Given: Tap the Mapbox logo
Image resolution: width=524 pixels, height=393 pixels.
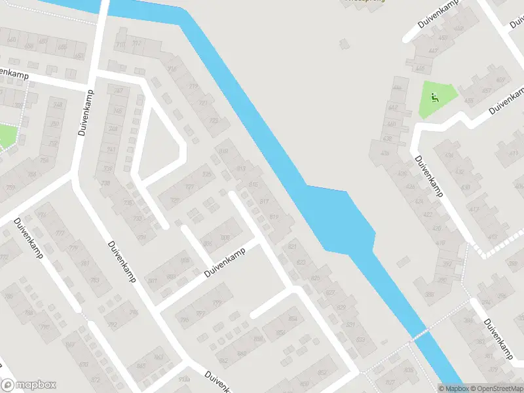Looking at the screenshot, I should pyautogui.click(x=29, y=385).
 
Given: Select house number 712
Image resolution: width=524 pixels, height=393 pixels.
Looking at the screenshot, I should pyautogui.click(x=136, y=43).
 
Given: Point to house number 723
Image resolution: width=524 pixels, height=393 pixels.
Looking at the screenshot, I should pyautogui.click(x=214, y=121).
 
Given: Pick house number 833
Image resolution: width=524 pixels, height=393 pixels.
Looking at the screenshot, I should pyautogui.click(x=360, y=339).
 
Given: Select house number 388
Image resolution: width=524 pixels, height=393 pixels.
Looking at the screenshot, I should pyautogui.click(x=430, y=295).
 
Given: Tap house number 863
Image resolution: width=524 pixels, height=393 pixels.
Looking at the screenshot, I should pyautogui.click(x=159, y=357).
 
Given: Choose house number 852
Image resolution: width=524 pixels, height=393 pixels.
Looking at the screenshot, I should pyautogui.click(x=282, y=333).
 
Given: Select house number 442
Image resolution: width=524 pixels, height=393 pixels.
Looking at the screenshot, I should pyautogui.click(x=393, y=107).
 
